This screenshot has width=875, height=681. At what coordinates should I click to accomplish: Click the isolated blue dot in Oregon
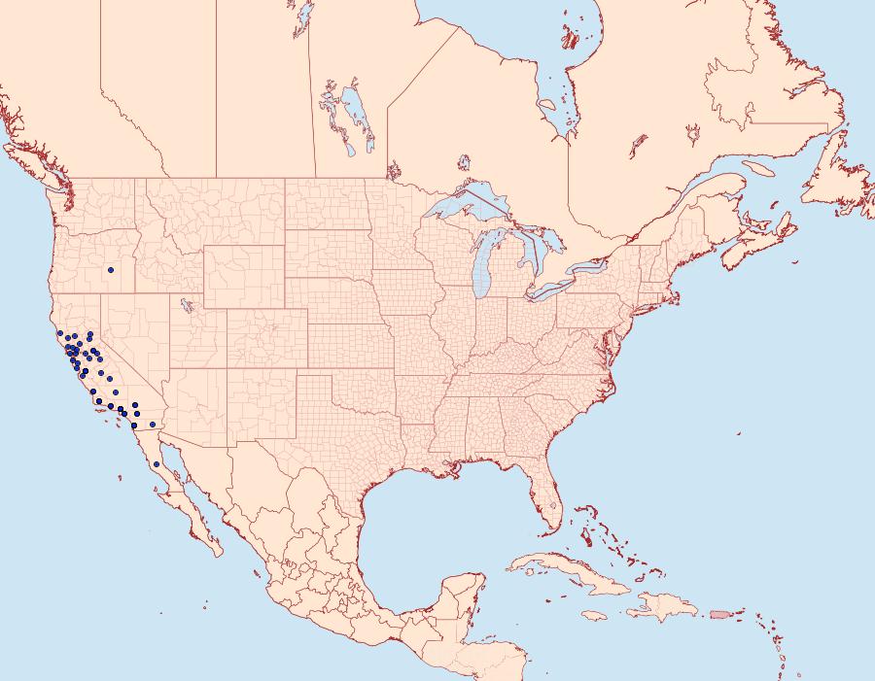point(111,270)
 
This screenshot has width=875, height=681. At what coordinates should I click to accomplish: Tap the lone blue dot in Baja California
point(156,465)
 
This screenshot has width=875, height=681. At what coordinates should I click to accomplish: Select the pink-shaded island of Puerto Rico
point(719,614)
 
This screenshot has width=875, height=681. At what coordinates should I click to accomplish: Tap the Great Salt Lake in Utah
point(182,305)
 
